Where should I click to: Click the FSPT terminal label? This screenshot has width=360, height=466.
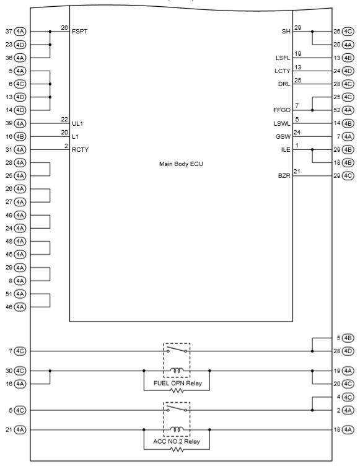point(79,31)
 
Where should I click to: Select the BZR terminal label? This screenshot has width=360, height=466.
point(283,176)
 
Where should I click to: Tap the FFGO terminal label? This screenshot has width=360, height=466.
point(281,110)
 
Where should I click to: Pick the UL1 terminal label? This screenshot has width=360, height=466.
point(77,123)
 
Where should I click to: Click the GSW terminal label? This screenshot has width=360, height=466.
point(283,136)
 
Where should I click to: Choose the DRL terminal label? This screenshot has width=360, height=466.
point(284,84)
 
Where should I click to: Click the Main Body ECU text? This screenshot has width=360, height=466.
point(180,164)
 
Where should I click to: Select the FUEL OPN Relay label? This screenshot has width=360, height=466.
point(177,384)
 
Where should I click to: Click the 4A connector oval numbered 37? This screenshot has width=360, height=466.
point(19,31)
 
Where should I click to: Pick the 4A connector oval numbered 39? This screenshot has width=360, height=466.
point(19,123)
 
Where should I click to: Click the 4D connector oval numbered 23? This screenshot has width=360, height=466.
point(19,44)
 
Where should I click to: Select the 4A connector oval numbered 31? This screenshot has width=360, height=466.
point(19,149)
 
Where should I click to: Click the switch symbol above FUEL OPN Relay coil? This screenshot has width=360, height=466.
point(177,351)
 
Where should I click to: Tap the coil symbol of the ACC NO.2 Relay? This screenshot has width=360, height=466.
point(177,429)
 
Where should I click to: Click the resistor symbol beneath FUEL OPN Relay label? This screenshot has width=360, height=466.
point(177,392)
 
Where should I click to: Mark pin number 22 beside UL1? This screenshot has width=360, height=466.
point(64,120)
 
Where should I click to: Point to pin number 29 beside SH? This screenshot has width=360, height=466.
point(298,28)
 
